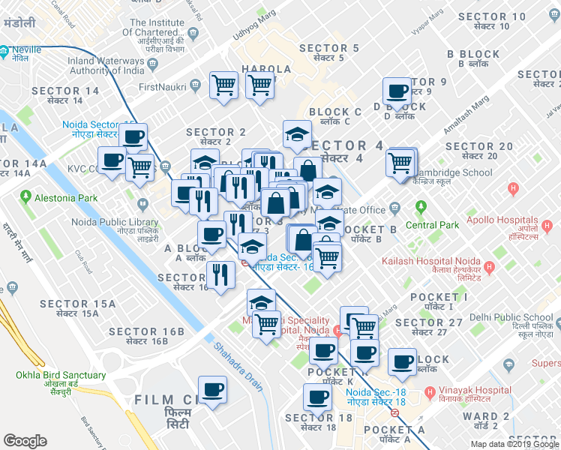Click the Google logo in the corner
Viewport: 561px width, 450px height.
(x=25, y=441)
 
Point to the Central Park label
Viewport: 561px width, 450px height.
(x=431, y=225)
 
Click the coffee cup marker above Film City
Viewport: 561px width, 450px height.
(x=212, y=389)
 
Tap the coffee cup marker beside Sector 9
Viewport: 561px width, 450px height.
(x=397, y=91)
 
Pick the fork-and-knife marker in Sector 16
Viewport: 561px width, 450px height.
(x=220, y=274)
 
